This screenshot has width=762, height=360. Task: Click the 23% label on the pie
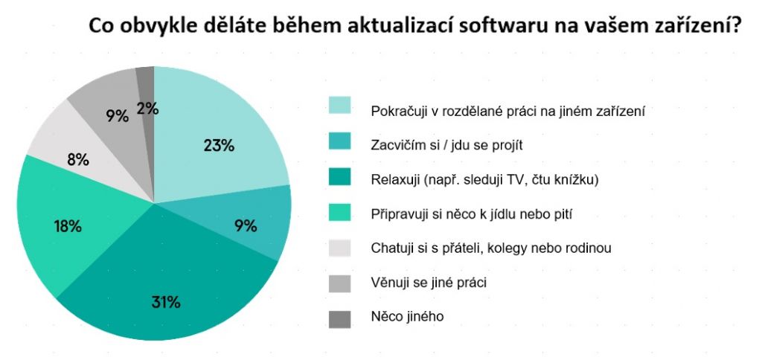(219, 146)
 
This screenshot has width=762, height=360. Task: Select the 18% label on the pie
(67, 227)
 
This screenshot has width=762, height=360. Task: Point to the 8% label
(78, 159)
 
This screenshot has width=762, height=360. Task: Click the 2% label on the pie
(147, 109)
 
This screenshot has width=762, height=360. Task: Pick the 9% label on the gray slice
(117, 115)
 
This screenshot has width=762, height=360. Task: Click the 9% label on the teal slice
(245, 225)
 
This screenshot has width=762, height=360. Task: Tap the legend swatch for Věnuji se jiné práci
(340, 283)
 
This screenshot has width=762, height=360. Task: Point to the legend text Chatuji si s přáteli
(491, 248)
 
